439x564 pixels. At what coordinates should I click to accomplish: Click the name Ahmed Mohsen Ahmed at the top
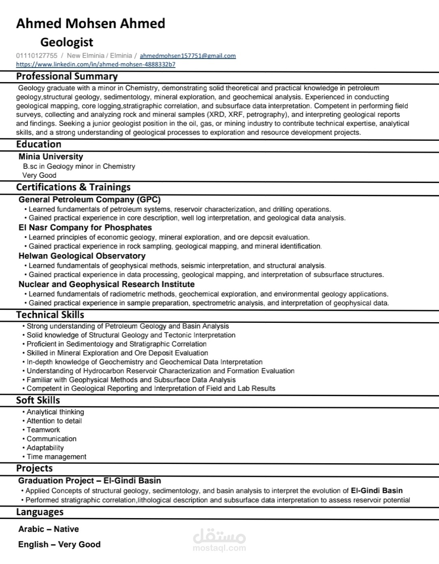click(91, 24)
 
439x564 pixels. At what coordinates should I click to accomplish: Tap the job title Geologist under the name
click(67, 42)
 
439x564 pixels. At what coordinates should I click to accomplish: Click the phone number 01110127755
click(37, 56)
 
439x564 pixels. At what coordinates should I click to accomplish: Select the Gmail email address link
click(188, 56)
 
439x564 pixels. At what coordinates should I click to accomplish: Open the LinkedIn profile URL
click(96, 64)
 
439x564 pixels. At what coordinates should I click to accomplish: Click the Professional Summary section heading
click(67, 76)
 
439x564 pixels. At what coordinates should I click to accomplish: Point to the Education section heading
click(39, 144)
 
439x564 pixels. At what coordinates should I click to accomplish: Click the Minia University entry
click(51, 157)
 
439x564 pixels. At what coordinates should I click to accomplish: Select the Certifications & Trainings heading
click(73, 187)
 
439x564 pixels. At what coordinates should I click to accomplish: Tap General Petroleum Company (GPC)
click(89, 200)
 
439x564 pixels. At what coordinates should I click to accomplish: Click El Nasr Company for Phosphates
click(85, 228)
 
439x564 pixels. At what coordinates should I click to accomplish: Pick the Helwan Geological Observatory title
click(82, 256)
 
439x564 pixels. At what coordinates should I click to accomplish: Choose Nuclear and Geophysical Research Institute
click(106, 284)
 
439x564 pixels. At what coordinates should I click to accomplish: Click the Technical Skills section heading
click(50, 315)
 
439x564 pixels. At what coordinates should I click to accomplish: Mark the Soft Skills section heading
click(38, 400)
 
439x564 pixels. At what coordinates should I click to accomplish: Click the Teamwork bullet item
click(43, 430)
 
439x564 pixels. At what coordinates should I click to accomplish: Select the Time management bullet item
click(56, 457)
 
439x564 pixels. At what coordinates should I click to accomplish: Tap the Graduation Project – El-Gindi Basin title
click(89, 481)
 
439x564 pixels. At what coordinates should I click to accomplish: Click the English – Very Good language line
click(59, 544)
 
